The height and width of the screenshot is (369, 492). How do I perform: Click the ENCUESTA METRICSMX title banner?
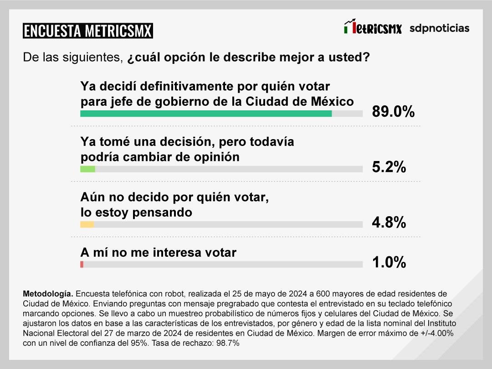[x=88, y=31]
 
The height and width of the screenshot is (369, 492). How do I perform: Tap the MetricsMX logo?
[x=373, y=27]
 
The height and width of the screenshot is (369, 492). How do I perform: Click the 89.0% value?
[x=393, y=112]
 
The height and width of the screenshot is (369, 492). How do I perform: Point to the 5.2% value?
[x=389, y=167]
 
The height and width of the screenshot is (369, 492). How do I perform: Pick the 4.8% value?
[x=389, y=223]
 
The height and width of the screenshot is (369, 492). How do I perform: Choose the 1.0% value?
[x=389, y=262]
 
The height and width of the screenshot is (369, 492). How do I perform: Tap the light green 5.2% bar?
[x=87, y=169]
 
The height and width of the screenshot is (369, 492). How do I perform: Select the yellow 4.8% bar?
[x=87, y=224]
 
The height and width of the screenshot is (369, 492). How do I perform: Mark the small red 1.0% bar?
[x=82, y=265]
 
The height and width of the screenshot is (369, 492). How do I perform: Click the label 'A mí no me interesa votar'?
[x=158, y=252]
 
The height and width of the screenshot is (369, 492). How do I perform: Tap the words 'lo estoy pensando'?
[x=136, y=213]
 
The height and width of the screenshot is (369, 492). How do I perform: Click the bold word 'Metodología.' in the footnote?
[x=48, y=293]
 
